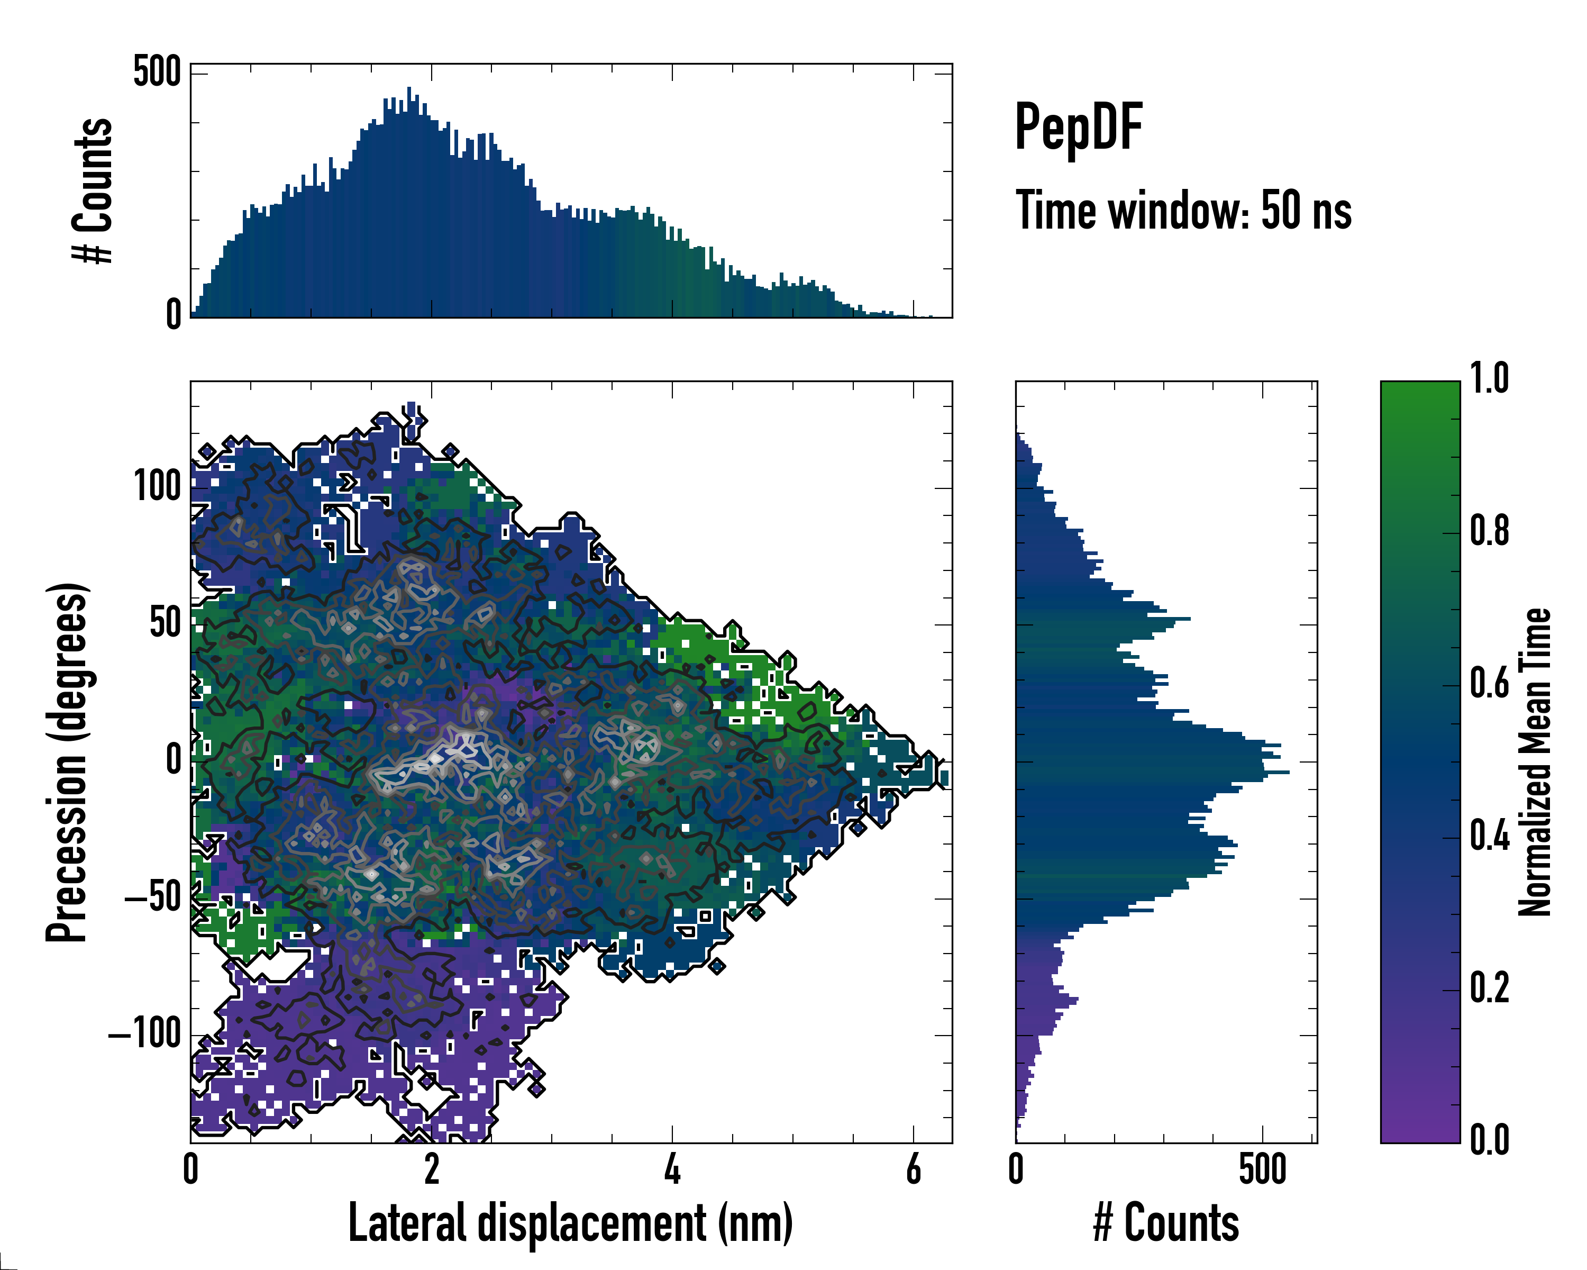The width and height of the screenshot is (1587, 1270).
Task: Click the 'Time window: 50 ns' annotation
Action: [x=1183, y=211]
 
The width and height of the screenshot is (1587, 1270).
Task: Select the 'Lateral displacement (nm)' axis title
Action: [x=570, y=1223]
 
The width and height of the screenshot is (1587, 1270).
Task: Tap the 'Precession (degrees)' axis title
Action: [x=68, y=762]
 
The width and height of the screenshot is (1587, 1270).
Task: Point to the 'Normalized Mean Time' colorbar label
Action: [x=1534, y=762]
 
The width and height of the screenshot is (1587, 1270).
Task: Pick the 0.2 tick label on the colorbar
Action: [x=1489, y=987]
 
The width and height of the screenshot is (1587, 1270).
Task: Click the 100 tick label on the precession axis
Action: [x=157, y=487]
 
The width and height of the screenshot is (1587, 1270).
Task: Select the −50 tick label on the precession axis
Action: [x=152, y=897]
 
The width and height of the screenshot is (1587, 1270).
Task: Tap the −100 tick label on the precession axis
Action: [x=144, y=1035]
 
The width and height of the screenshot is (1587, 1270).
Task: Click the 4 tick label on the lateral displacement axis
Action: [x=672, y=1169]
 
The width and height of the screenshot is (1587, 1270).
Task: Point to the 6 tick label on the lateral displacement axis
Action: [x=914, y=1169]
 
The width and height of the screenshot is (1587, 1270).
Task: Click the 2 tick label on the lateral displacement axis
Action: [x=431, y=1169]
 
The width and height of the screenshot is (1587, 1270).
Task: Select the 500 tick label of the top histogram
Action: [x=157, y=73]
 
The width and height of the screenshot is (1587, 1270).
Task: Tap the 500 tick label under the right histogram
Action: [x=1262, y=1169]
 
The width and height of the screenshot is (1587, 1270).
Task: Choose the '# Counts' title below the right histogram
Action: [x=1166, y=1223]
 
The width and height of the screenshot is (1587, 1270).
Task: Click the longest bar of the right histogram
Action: [x=1152, y=772]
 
